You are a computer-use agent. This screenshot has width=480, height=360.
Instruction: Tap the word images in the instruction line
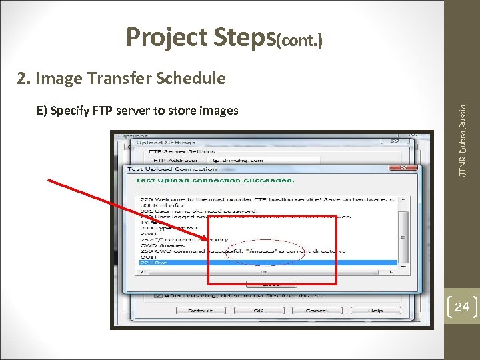(217, 111)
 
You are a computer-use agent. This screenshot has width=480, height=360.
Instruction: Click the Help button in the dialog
(375, 311)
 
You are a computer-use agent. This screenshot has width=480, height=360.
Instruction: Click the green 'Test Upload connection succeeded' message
(215, 180)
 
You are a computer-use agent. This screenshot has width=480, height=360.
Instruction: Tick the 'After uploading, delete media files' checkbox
(158, 295)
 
